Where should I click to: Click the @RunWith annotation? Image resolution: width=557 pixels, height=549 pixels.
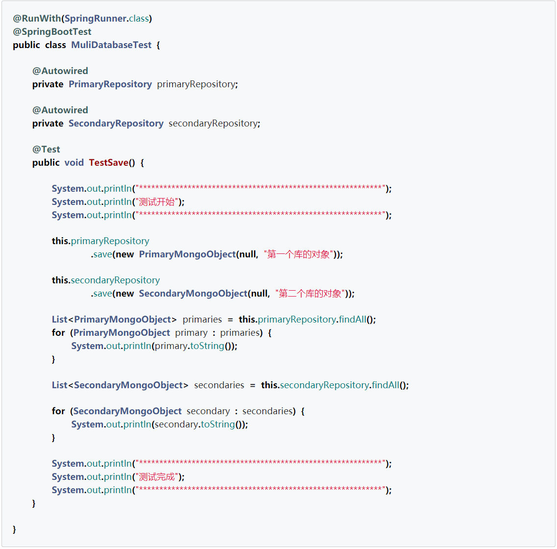click(x=37, y=19)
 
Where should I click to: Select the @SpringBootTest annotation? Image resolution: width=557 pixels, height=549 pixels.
click(x=52, y=32)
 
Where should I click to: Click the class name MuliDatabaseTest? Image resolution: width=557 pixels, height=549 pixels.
click(x=111, y=45)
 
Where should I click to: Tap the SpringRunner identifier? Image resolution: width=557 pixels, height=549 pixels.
click(x=96, y=19)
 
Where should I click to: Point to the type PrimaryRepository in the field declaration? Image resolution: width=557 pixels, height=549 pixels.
click(x=110, y=84)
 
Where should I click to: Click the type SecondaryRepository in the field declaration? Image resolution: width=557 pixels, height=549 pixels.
click(x=116, y=124)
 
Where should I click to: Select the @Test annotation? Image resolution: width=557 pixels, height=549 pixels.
click(x=46, y=150)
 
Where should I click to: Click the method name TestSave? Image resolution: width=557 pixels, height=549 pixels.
click(x=108, y=163)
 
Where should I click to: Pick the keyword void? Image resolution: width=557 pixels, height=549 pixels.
click(x=74, y=163)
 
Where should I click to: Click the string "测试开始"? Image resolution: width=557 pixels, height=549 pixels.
click(x=157, y=202)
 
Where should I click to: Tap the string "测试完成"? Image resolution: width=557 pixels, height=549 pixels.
click(x=157, y=477)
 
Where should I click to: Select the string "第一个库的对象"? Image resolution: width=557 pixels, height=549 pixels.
click(x=299, y=254)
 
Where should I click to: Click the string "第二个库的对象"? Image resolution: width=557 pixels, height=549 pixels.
click(x=310, y=294)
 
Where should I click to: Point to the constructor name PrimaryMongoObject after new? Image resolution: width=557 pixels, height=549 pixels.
click(x=187, y=254)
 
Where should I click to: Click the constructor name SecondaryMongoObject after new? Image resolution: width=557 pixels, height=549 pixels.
click(x=193, y=294)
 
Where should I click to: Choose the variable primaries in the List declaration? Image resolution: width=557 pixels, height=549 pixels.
click(x=202, y=320)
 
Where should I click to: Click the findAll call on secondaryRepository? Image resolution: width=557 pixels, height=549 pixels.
click(x=385, y=385)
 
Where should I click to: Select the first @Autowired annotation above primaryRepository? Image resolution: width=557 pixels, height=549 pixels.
click(x=60, y=71)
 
